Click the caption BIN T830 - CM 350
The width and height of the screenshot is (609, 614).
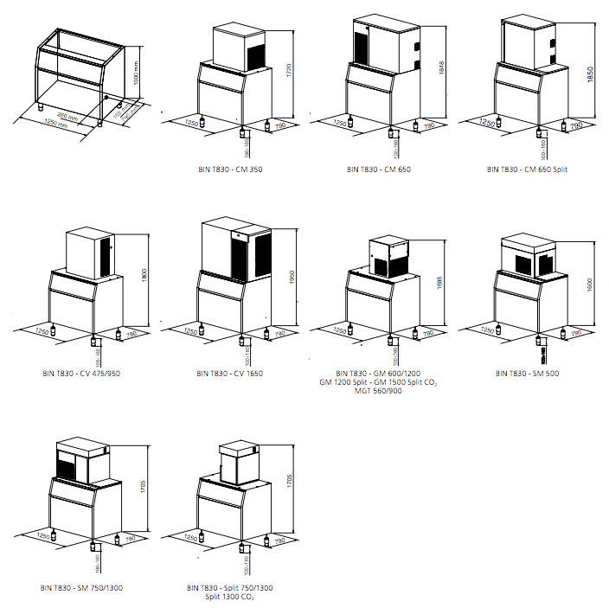230,169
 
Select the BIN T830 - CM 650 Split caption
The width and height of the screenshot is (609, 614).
528,169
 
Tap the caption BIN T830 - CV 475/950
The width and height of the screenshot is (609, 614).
80,374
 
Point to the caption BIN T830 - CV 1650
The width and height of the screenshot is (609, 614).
230,374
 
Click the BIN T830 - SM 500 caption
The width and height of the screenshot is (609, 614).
527,374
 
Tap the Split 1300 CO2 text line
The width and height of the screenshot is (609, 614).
230,597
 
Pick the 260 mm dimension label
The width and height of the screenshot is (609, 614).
64,115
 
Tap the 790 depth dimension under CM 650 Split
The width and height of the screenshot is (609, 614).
575,126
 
